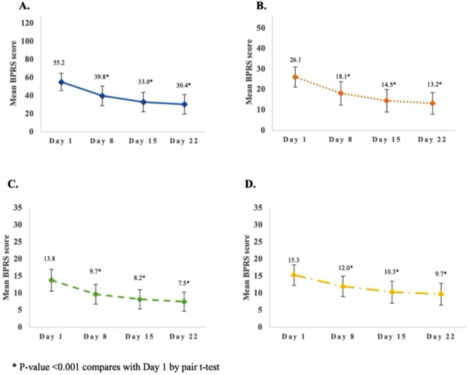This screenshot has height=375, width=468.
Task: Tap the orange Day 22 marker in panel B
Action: [x=413, y=103]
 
